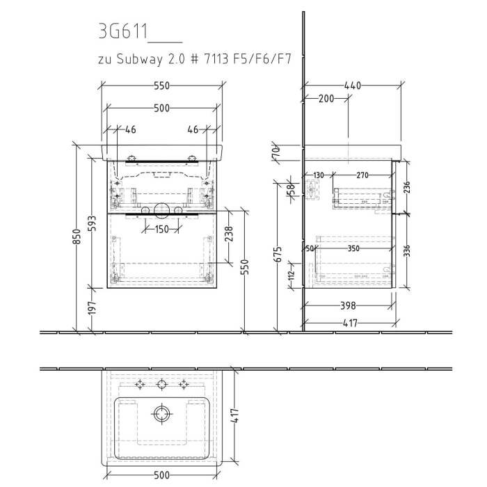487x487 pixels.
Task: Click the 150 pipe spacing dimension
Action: pyautogui.click(x=161, y=230)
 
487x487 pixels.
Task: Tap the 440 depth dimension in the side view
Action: pyautogui.click(x=353, y=86)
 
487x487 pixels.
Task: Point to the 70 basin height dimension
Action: pyautogui.click(x=276, y=150)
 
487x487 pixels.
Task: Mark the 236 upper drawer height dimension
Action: pyautogui.click(x=407, y=186)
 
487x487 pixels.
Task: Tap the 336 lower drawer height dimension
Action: pyautogui.click(x=407, y=249)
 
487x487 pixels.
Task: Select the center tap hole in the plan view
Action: pyautogui.click(x=162, y=384)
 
